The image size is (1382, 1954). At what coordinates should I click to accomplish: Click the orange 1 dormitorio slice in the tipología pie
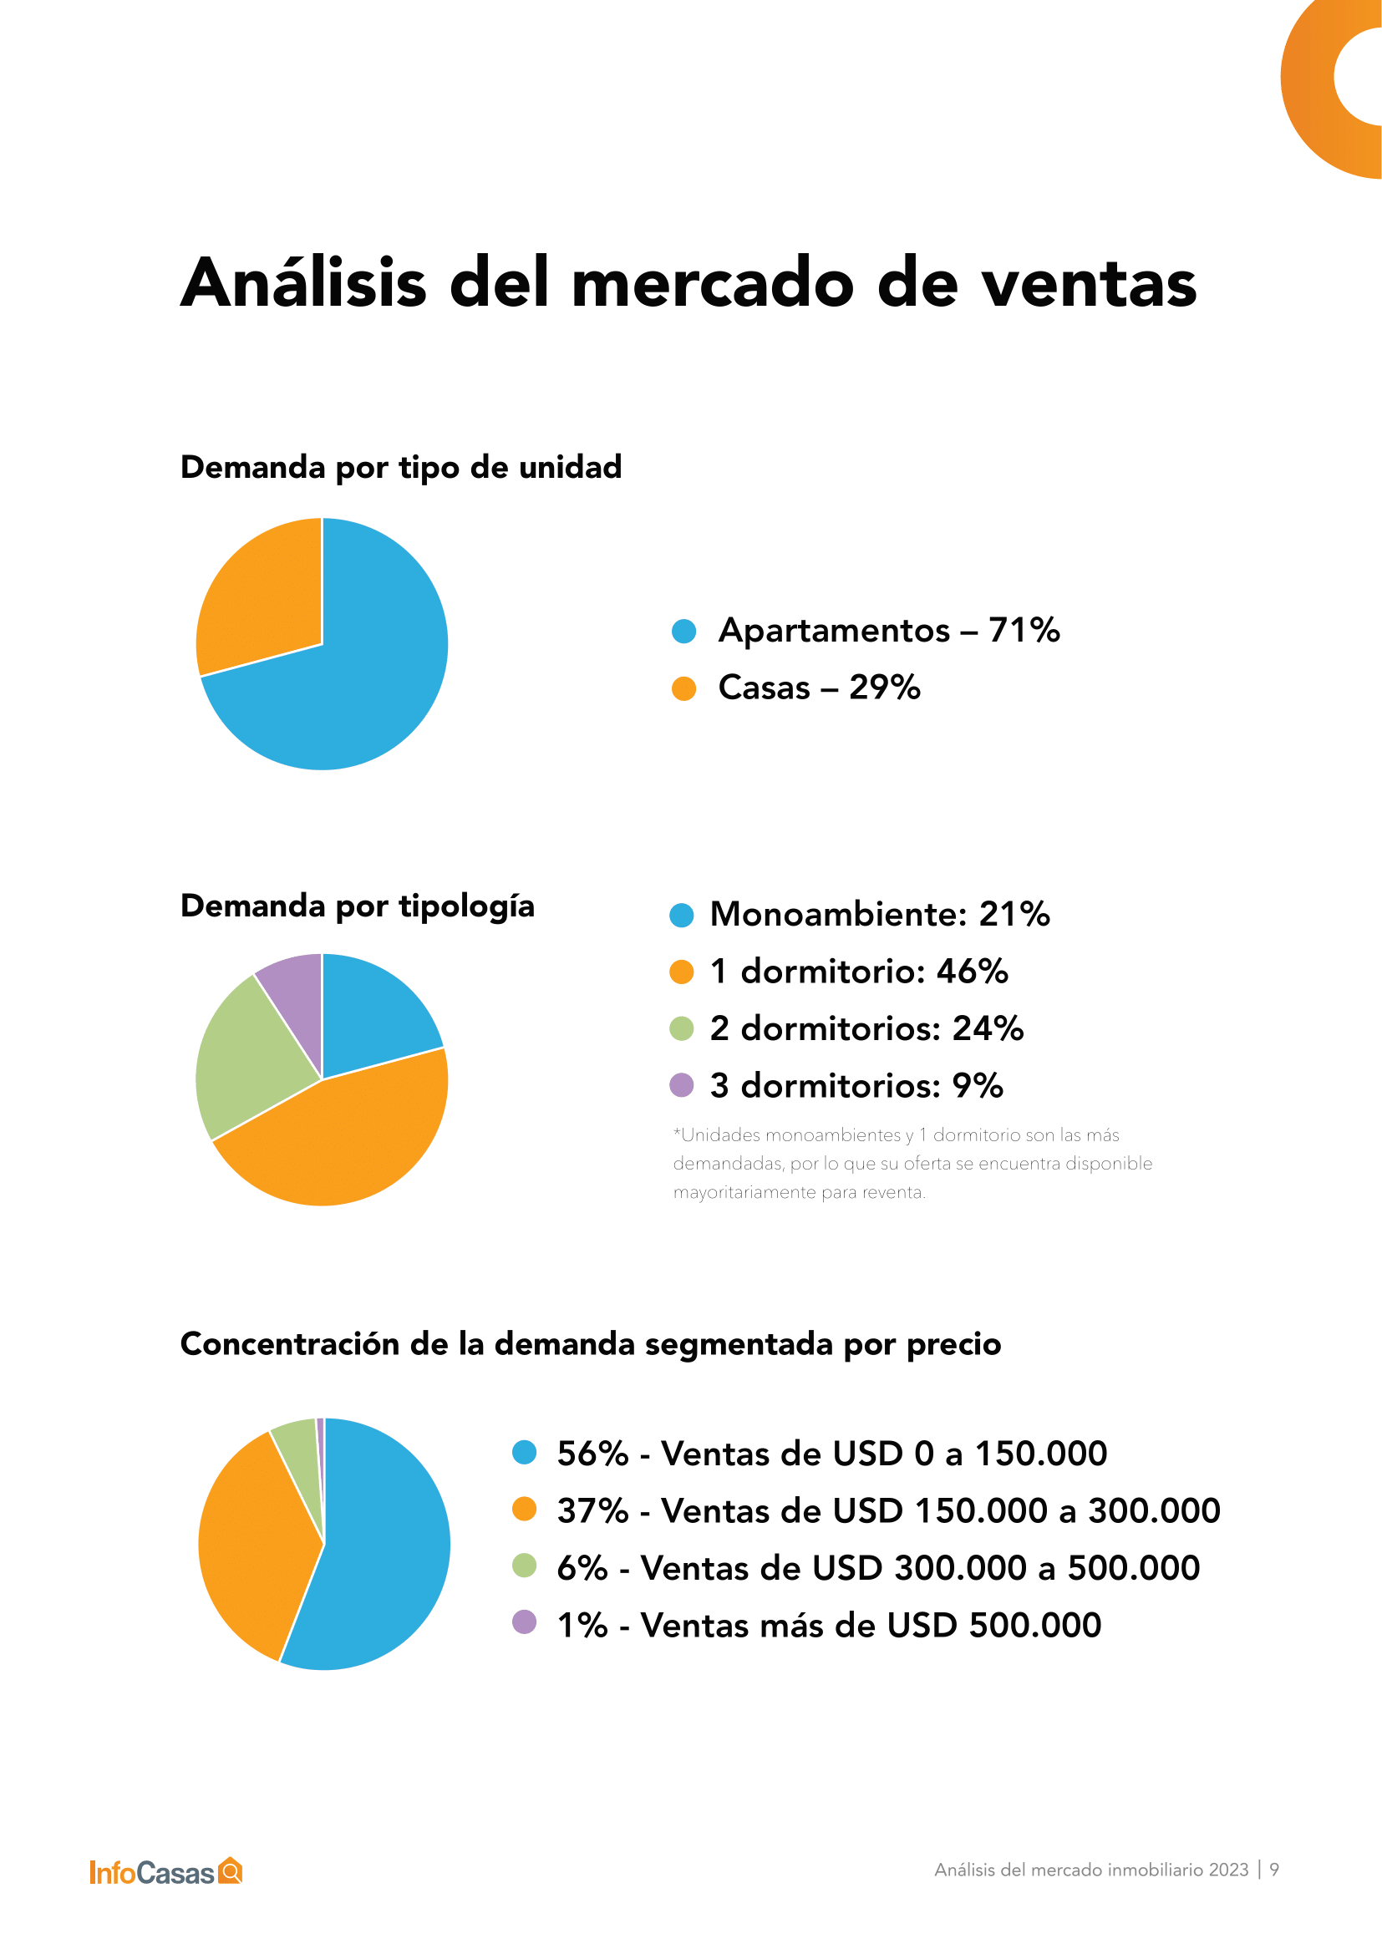click(340, 1140)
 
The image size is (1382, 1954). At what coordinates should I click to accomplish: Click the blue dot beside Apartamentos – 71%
click(683, 631)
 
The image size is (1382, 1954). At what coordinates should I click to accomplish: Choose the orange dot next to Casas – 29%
click(683, 688)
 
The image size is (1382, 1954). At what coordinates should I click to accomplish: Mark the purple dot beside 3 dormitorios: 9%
click(682, 1085)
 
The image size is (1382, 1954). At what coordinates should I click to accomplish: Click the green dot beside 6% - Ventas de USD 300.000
click(524, 1565)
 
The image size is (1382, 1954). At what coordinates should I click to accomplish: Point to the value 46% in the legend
click(972, 971)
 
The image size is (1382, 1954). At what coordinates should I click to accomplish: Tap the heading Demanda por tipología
click(358, 906)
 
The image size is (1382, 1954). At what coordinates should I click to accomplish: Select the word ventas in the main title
click(1090, 283)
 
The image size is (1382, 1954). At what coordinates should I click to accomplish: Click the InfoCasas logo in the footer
click(166, 1872)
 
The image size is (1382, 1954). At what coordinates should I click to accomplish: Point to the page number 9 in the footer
click(1274, 1870)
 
